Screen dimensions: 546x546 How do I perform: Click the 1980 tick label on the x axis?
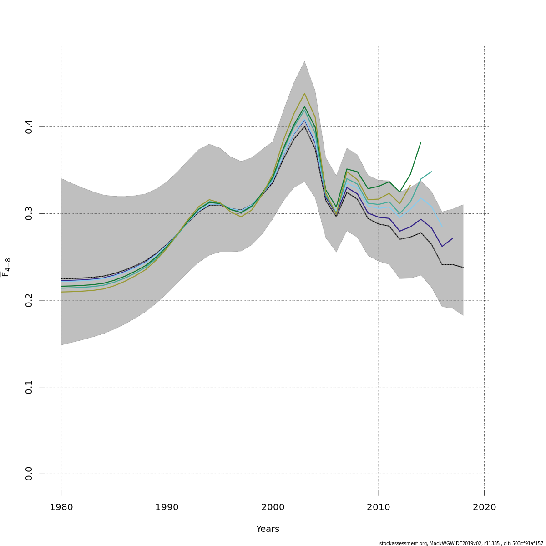(x=61, y=507)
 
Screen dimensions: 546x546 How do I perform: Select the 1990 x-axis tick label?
(x=167, y=507)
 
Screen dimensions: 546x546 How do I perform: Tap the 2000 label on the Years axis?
(x=273, y=507)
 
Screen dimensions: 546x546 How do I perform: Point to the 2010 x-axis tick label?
(x=379, y=507)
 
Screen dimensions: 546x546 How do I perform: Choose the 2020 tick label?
(x=484, y=507)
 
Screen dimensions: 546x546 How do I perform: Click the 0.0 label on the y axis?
(x=29, y=474)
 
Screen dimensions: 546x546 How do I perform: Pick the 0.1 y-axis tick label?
(x=29, y=387)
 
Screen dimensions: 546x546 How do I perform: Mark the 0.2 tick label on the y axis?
(x=29, y=300)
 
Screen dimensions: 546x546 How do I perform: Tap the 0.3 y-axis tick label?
(x=29, y=213)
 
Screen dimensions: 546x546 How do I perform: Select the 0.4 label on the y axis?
(x=29, y=126)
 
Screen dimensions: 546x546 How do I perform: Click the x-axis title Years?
(x=268, y=529)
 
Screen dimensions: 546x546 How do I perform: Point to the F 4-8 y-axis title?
(x=6, y=268)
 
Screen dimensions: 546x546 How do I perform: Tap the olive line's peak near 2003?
(x=304, y=93)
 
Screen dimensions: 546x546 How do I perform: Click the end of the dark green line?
(x=421, y=142)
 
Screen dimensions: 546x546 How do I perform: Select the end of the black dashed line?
(x=463, y=268)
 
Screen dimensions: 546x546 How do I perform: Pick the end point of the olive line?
(x=410, y=185)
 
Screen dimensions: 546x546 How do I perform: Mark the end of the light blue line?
(x=442, y=226)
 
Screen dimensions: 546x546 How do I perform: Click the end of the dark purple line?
(x=453, y=238)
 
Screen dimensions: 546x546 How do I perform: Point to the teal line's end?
(x=431, y=172)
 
